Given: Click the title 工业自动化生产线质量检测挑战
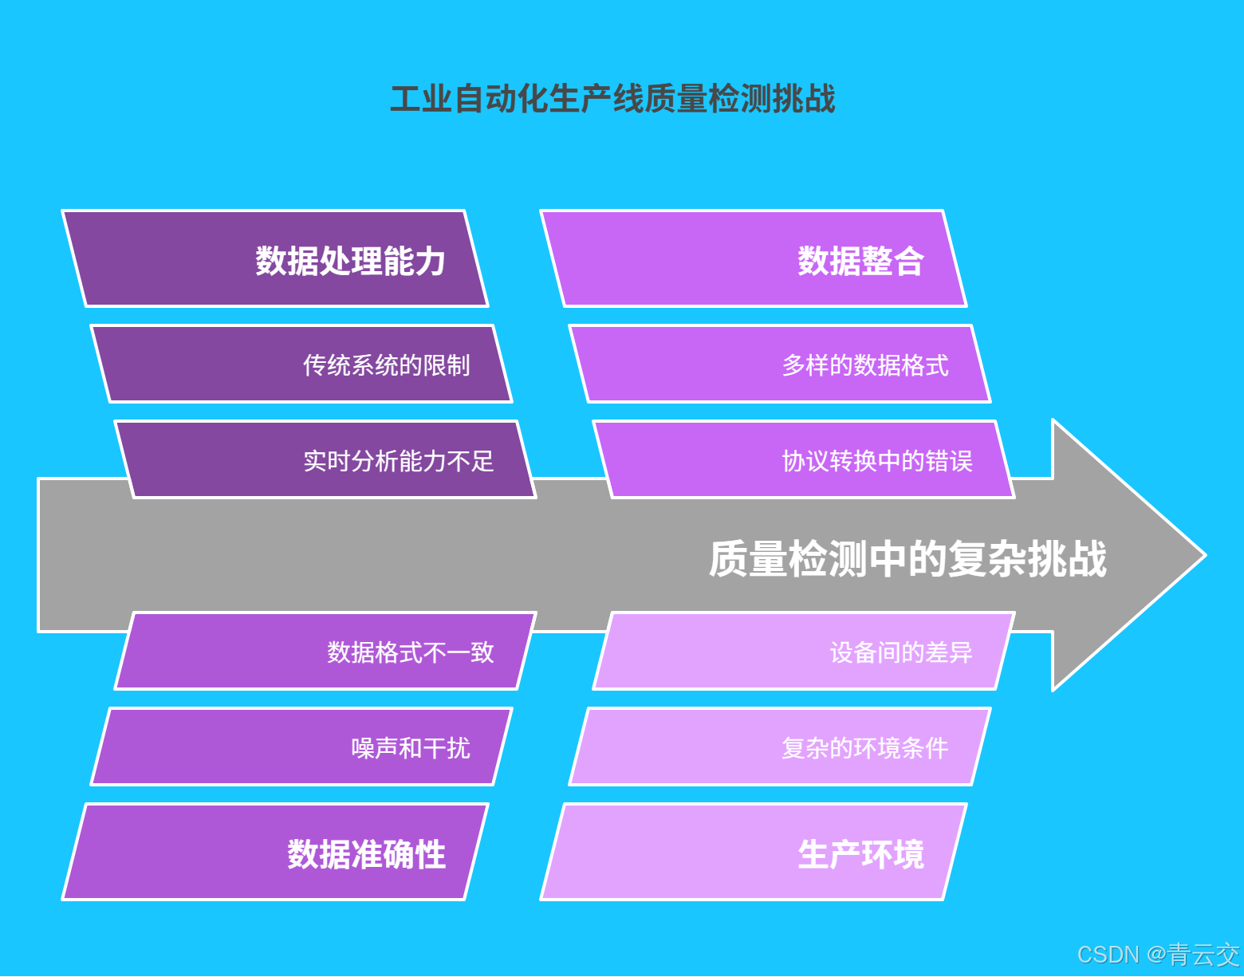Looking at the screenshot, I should [x=612, y=99].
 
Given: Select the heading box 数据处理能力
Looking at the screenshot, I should [x=275, y=259].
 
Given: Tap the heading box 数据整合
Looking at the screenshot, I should [x=754, y=259].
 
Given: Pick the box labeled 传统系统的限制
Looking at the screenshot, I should [x=301, y=364].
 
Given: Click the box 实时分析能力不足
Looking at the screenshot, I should [x=325, y=460].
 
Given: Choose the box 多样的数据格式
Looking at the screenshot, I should [x=780, y=364].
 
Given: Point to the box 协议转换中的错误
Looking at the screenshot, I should [x=804, y=460].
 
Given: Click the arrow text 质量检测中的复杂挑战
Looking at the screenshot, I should [x=907, y=558].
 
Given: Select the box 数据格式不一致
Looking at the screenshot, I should [x=325, y=652].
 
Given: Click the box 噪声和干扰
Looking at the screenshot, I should [x=301, y=747].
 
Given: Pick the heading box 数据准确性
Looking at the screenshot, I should [x=275, y=853].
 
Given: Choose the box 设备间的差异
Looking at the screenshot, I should [x=804, y=652].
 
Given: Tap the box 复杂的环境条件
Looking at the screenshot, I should [x=780, y=747].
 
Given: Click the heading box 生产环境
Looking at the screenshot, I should [x=754, y=853].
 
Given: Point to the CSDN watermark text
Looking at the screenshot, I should [x=1108, y=955].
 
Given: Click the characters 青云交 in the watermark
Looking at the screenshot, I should [x=1203, y=955].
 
